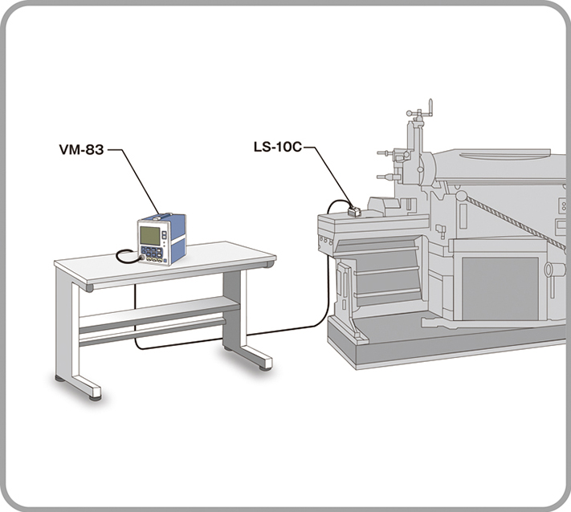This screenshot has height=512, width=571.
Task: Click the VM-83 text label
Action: [81, 149]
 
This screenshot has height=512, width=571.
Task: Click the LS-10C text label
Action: [276, 148]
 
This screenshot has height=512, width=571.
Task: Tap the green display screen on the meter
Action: [150, 235]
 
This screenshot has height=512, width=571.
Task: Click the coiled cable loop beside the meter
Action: [125, 256]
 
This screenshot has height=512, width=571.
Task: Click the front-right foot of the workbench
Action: [264, 366]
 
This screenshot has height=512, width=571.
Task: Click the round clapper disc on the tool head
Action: [426, 168]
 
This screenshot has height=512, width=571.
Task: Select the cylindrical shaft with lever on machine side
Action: [554, 269]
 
